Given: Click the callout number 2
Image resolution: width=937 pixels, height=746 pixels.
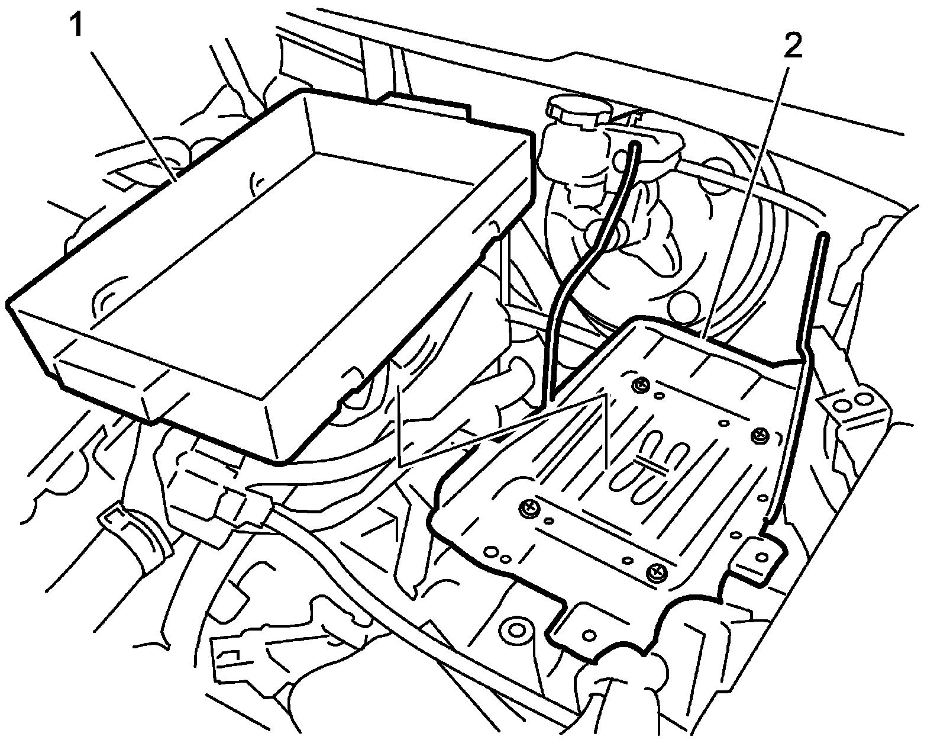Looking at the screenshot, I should click(x=793, y=46).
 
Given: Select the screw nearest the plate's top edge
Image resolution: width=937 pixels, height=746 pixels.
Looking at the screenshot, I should click(x=639, y=386).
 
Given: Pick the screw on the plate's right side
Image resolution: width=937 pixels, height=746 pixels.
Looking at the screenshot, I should click(x=759, y=436).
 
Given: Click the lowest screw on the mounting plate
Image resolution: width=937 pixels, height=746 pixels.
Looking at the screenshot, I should click(x=655, y=571).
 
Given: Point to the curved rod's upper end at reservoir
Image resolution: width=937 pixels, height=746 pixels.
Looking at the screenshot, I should click(x=636, y=144).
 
